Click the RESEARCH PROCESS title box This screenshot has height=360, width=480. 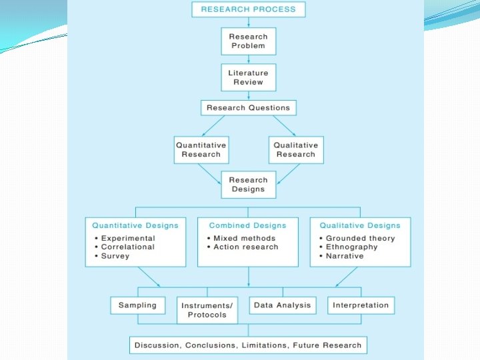point(248,9)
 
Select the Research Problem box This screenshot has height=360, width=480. point(248,41)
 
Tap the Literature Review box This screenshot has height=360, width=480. point(248,77)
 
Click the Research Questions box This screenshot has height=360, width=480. point(248,107)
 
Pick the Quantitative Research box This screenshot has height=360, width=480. point(201,149)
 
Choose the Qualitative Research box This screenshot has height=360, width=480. point(296,149)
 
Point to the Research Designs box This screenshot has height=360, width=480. point(248,185)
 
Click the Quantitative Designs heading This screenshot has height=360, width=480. point(135,225)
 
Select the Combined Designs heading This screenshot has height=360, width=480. point(247,225)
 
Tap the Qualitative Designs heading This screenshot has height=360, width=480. point(360,225)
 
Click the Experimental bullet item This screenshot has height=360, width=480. point(128,238)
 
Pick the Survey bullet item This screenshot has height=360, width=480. point(115,255)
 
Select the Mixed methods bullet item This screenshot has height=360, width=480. point(244,238)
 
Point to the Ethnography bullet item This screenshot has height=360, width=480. point(351,247)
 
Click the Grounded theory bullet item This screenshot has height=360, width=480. point(360,238)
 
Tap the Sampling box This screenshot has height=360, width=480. point(137,305)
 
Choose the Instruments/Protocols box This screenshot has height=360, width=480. point(207,310)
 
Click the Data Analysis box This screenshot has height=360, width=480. point(282,305)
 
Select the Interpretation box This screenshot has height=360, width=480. point(360,305)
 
